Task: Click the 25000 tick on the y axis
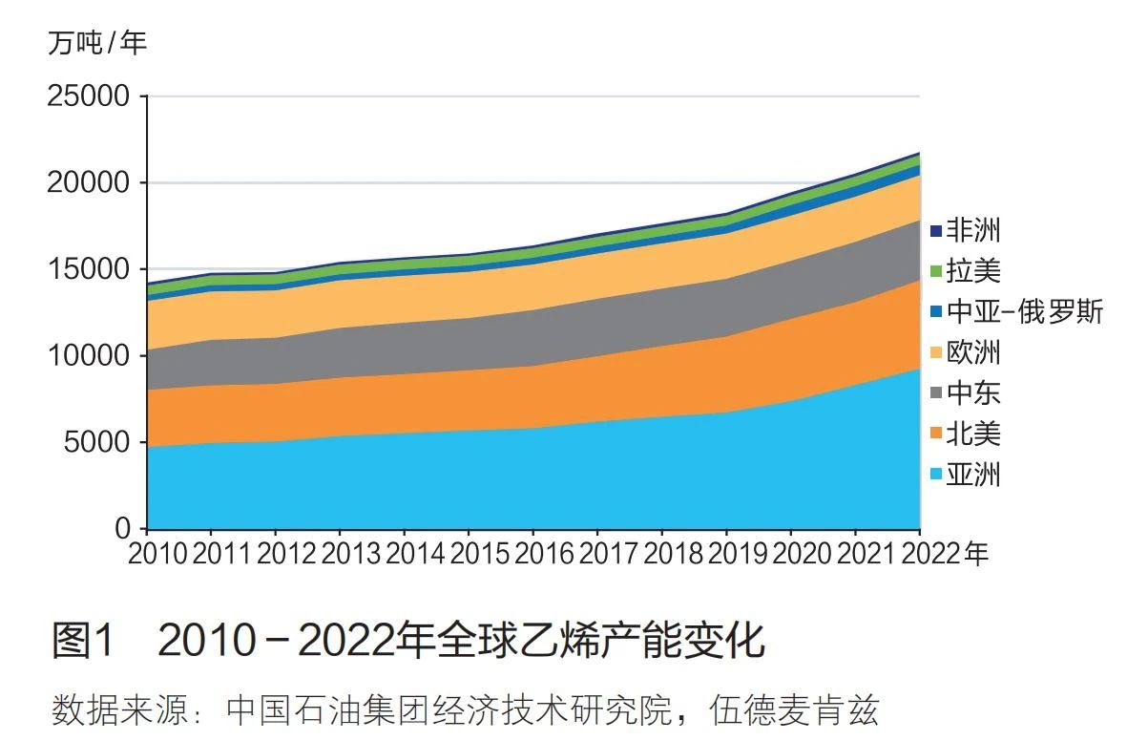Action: pos(88,96)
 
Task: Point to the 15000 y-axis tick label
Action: pos(88,269)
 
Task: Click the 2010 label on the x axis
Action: pos(158,554)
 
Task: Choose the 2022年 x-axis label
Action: pos(944,554)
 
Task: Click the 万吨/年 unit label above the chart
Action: pos(97,43)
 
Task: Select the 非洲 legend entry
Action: pos(972,230)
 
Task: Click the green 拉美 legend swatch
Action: pos(936,271)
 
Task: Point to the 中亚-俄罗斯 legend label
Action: pos(1024,312)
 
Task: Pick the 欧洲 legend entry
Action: pos(972,352)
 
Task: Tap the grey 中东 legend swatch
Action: pos(936,393)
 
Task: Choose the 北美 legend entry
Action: pos(972,434)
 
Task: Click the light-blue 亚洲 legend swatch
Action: pos(936,475)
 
